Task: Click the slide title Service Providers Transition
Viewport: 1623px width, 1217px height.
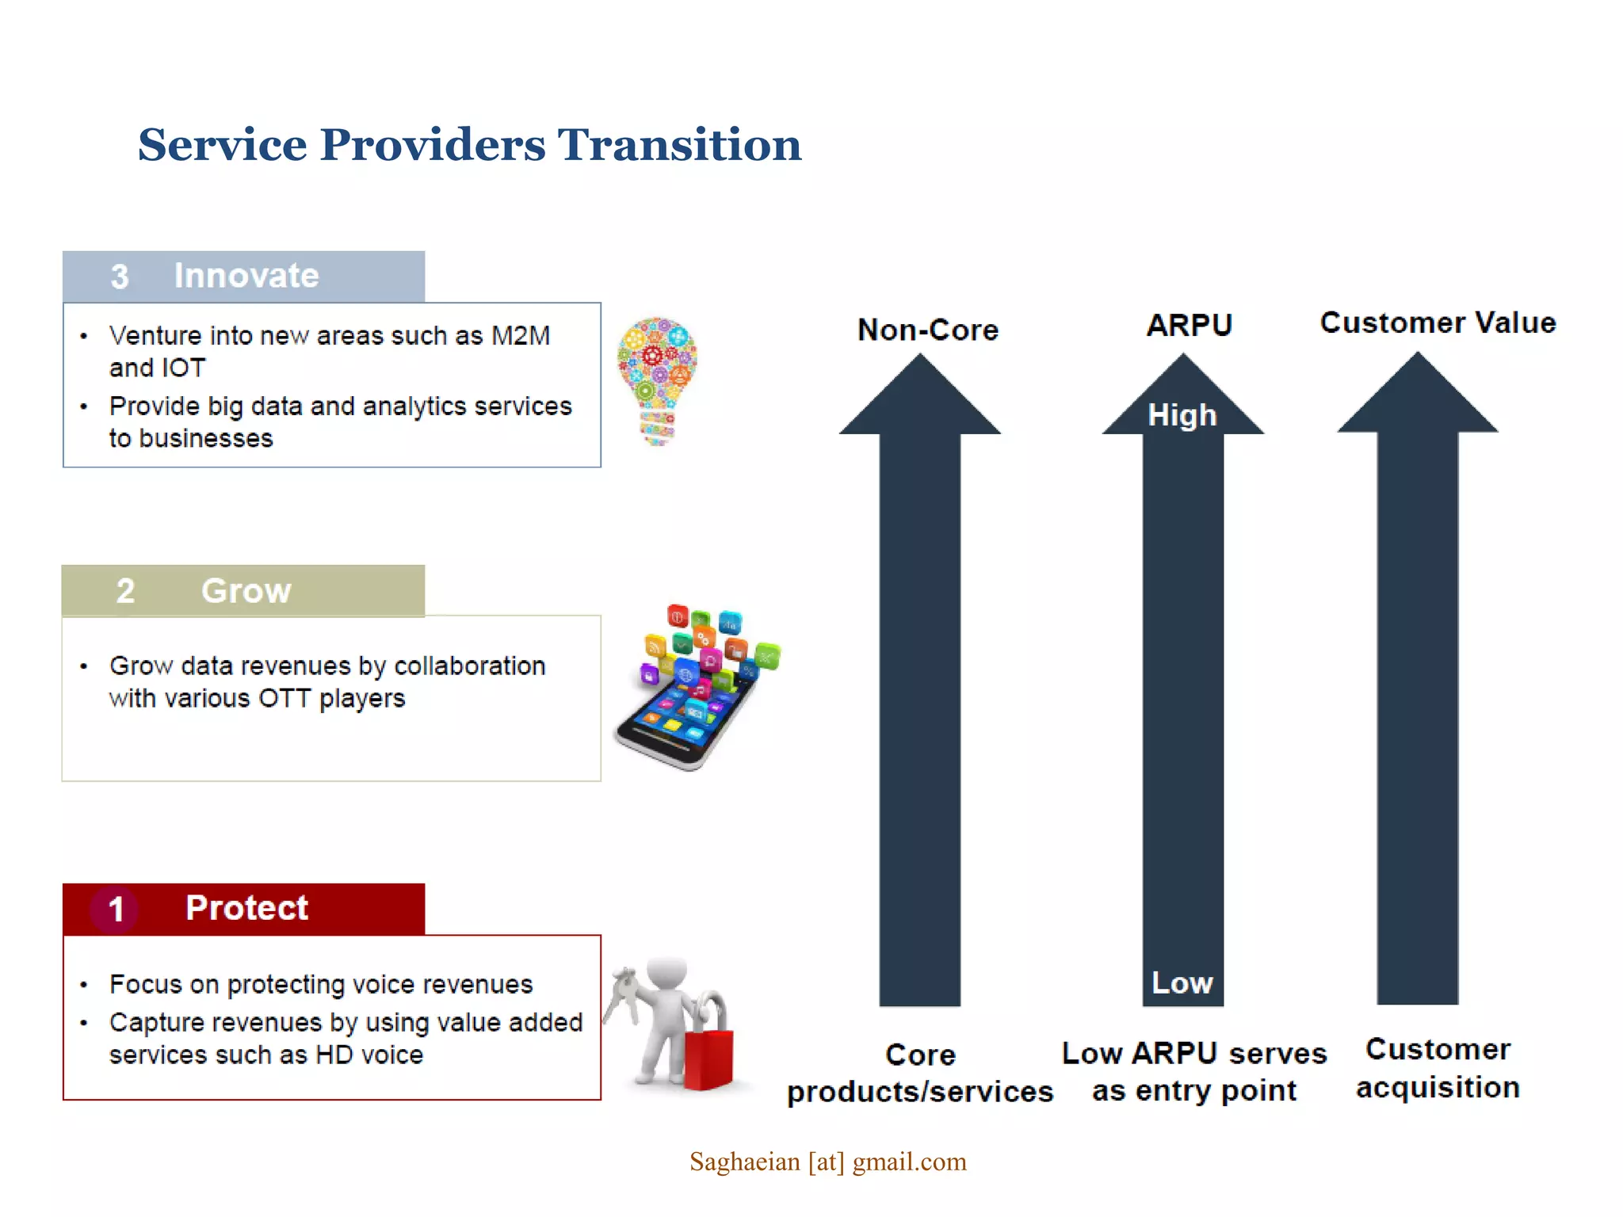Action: point(469,145)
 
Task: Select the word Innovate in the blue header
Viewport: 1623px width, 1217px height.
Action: point(246,276)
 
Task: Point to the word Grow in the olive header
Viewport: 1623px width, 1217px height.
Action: point(246,591)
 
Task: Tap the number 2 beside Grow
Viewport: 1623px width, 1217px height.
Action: point(125,591)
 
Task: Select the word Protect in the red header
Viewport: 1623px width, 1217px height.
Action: point(246,908)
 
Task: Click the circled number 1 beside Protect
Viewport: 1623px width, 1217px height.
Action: point(116,909)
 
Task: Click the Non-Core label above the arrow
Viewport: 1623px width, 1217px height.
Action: point(927,330)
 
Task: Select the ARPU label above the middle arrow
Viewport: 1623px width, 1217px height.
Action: point(1189,325)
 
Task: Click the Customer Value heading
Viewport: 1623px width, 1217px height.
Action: point(1438,323)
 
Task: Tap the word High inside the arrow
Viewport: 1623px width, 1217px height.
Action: point(1182,415)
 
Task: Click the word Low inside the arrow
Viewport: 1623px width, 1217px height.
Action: point(1182,983)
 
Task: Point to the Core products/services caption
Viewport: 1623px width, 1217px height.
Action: point(919,1073)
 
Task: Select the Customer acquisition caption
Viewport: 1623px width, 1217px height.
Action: point(1438,1068)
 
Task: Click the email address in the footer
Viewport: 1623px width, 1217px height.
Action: point(827,1162)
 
